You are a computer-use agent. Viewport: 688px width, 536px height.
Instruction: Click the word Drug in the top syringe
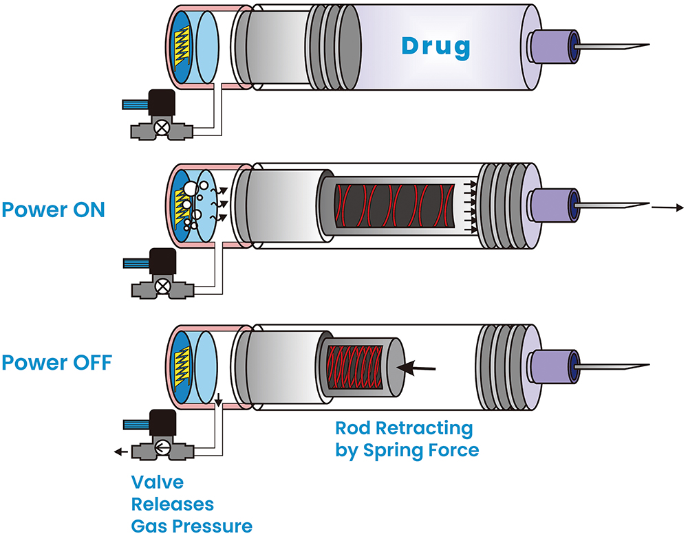pos(436,47)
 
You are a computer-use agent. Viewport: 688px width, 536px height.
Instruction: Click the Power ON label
pos(53,210)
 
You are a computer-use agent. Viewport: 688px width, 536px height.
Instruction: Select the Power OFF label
pos(56,362)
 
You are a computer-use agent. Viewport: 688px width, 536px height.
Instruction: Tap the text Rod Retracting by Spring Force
pos(406,439)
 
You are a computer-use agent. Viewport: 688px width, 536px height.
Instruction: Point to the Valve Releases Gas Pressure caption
pos(191,504)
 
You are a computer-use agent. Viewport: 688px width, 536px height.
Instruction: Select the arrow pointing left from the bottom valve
pos(120,451)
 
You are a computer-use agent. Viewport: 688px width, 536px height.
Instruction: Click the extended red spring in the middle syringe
pos(396,204)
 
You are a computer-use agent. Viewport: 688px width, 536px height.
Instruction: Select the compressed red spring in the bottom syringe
pos(354,366)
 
